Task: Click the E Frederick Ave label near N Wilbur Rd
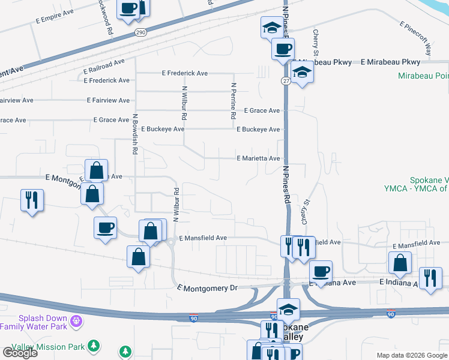coord(185,73)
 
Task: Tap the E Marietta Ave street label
coord(258,158)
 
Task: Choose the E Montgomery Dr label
coord(208,289)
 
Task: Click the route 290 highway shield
coord(140,32)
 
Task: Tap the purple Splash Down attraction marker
coord(76,322)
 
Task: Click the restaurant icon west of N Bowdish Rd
coord(32,199)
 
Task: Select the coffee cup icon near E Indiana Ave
coord(321,271)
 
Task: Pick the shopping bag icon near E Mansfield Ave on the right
coord(400,262)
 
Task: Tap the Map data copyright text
coord(411,355)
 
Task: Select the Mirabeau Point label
coord(423,76)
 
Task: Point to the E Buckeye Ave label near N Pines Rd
coord(258,130)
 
